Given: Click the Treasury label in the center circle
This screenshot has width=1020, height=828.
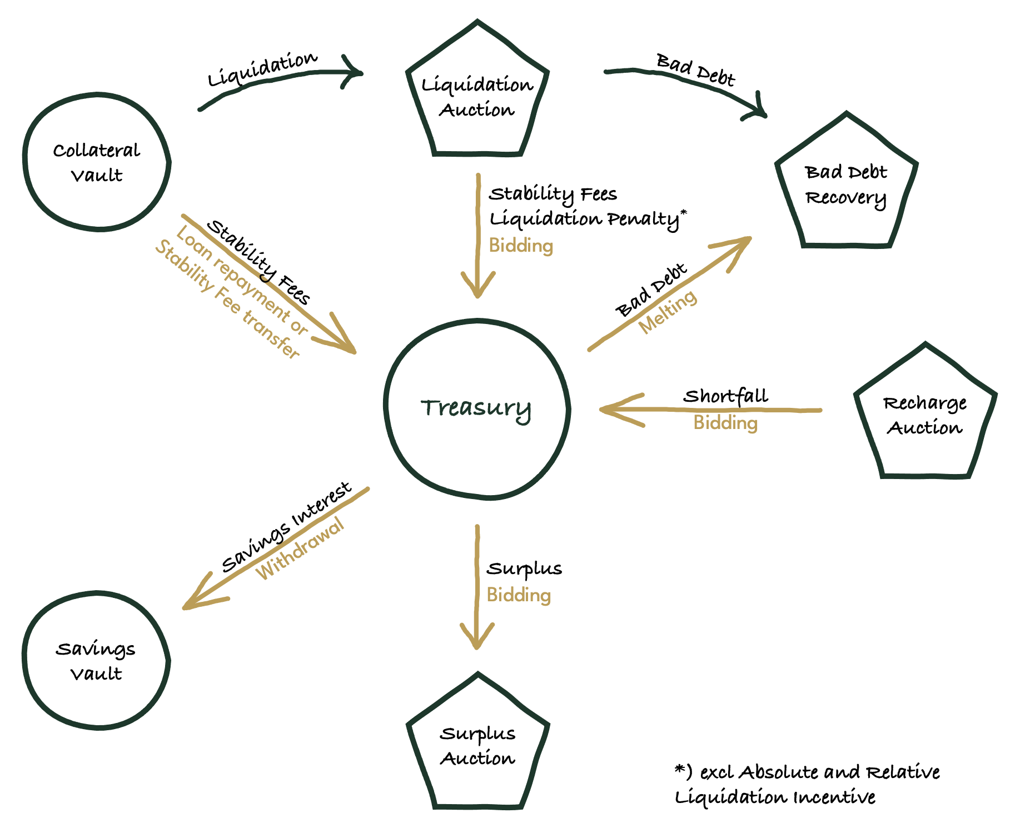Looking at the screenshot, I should tap(476, 408).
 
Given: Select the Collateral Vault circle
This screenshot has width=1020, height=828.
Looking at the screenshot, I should tap(97, 162).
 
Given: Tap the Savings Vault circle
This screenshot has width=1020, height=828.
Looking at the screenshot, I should tap(96, 660).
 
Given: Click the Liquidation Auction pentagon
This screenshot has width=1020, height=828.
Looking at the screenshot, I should tap(477, 97).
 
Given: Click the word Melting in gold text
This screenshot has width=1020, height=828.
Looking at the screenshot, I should tap(668, 312).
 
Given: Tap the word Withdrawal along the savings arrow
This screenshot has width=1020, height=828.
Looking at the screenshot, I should tap(300, 549).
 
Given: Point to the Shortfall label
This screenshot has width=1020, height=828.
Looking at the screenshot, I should tap(725, 396).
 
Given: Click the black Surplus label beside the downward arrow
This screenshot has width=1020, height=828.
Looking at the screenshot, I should tap(524, 569).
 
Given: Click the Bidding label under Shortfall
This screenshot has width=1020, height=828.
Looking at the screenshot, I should tap(725, 423).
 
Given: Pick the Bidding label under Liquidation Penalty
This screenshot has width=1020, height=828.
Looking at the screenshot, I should tap(521, 246).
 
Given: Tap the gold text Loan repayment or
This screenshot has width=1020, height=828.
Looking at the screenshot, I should tap(241, 281).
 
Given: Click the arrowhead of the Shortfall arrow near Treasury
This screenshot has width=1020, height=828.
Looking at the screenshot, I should tap(609, 410).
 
